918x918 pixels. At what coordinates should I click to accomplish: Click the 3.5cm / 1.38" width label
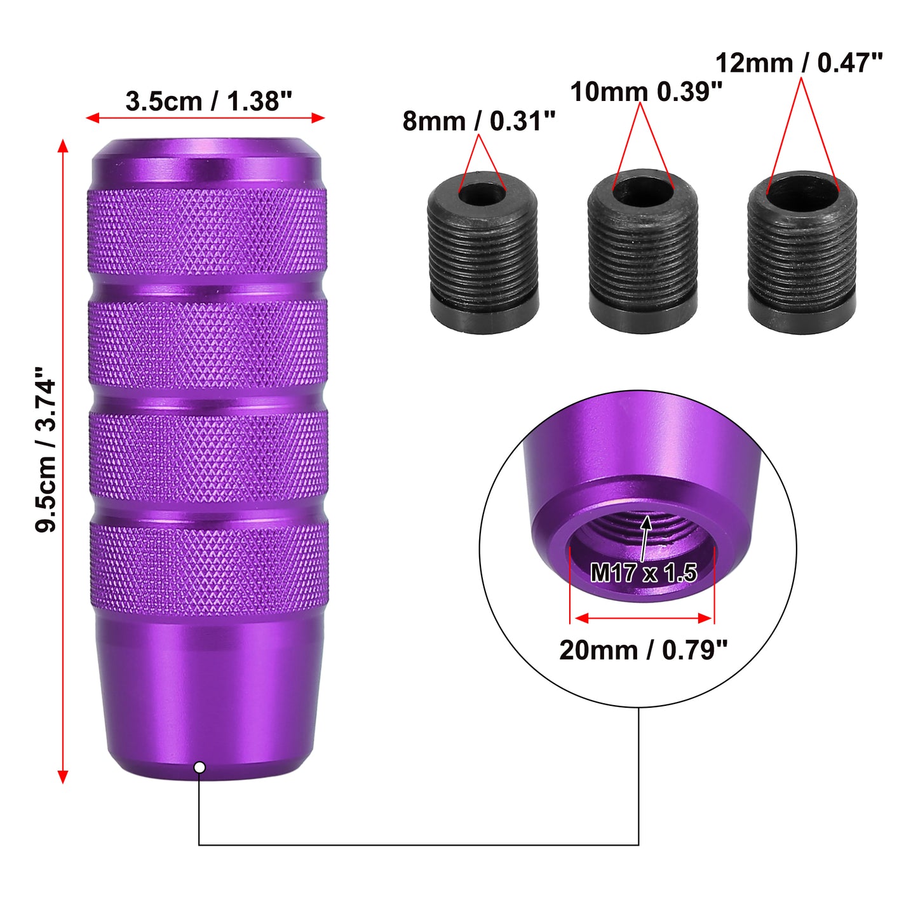point(208,102)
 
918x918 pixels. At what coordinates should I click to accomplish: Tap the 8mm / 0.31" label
point(479,121)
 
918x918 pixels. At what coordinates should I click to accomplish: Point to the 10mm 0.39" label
point(646,91)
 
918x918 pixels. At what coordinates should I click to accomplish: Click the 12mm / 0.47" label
point(799,63)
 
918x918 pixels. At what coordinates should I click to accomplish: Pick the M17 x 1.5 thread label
point(643,572)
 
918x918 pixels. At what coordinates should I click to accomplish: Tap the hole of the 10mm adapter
point(643,190)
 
